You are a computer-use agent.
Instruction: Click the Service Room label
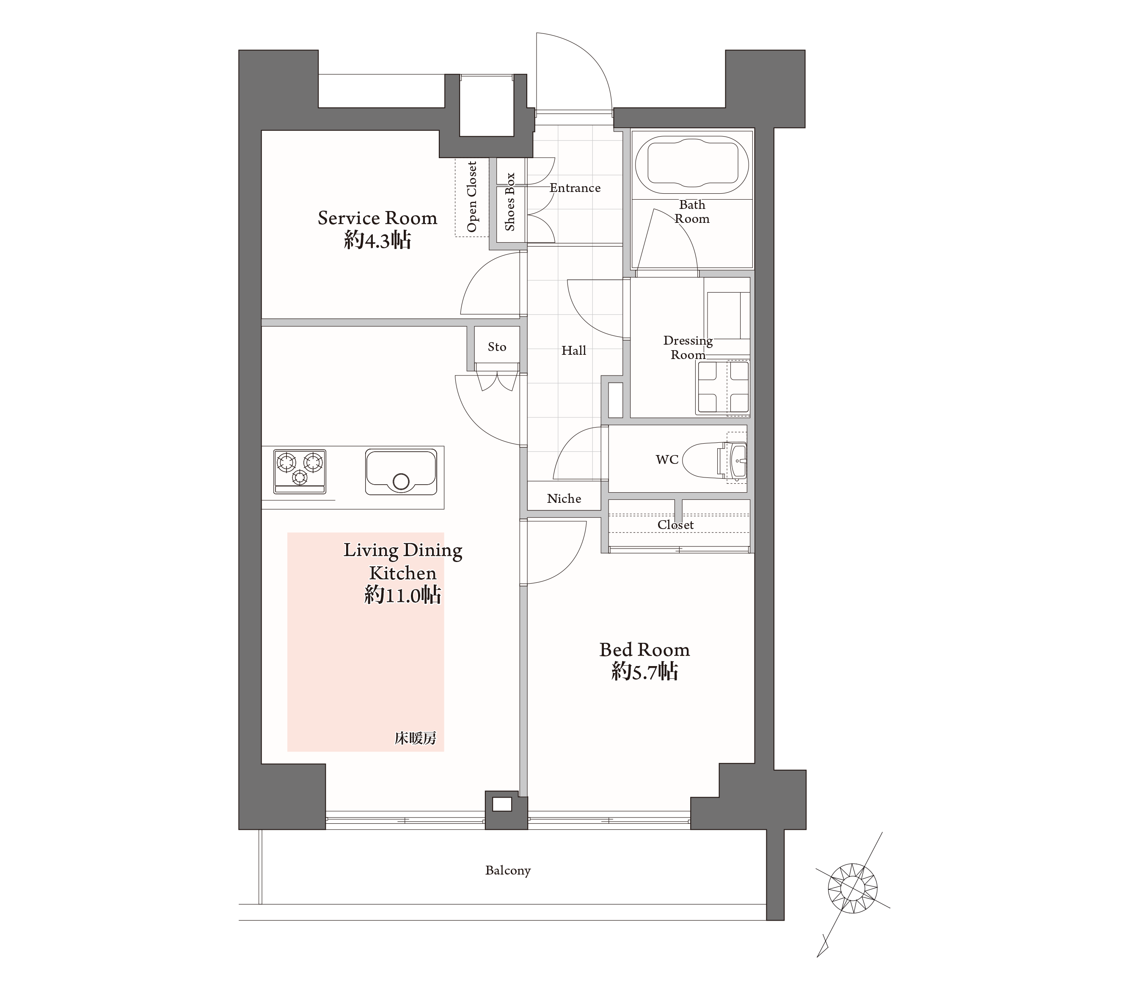tap(377, 218)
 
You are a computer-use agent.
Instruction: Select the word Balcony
tap(508, 870)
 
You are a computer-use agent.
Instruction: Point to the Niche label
tap(564, 499)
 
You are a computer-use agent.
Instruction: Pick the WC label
tap(666, 459)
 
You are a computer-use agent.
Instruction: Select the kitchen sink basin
tap(401, 472)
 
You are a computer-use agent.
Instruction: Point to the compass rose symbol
tap(853, 889)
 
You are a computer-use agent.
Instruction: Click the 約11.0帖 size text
tap(403, 595)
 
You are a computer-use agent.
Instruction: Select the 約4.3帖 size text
tap(377, 240)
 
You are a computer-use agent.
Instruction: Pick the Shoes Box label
tap(509, 202)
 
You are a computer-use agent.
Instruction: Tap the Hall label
tap(574, 350)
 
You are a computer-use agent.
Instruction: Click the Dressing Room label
tap(688, 348)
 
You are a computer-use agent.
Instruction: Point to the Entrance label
tap(575, 188)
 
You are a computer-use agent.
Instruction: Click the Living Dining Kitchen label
tap(403, 562)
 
